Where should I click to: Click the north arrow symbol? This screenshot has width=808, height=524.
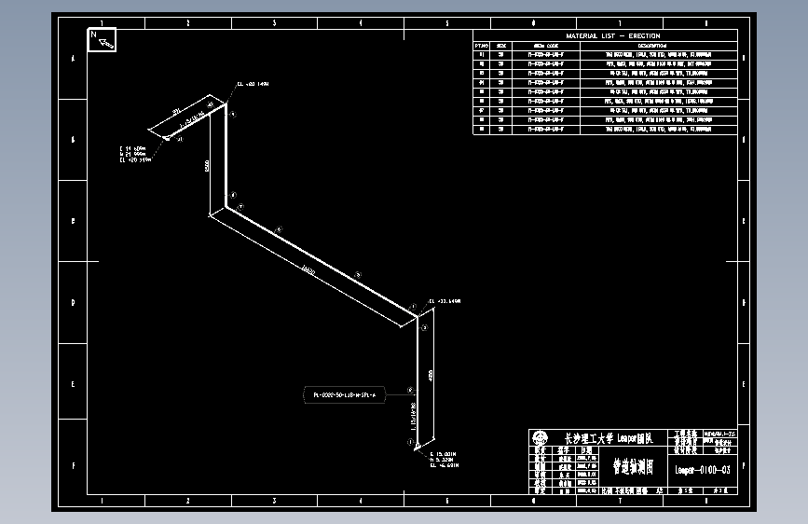click(101, 39)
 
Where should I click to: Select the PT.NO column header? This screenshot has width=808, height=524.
click(482, 45)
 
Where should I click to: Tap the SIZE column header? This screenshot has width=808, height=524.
click(501, 45)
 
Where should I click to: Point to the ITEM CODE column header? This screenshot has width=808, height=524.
click(545, 45)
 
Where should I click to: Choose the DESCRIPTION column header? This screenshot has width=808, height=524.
click(652, 45)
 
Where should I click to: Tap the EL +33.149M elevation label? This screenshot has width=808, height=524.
click(445, 302)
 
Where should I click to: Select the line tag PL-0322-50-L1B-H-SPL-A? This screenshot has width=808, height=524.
click(344, 395)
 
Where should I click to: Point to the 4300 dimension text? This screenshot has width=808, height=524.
click(431, 375)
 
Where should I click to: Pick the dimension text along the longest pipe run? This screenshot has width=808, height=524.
click(307, 271)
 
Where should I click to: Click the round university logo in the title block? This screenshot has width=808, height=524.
click(540, 438)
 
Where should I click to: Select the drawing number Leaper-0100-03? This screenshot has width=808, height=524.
click(702, 470)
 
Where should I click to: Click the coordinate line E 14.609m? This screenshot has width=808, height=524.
click(133, 148)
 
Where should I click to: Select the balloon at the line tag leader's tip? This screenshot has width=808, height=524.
click(410, 392)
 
